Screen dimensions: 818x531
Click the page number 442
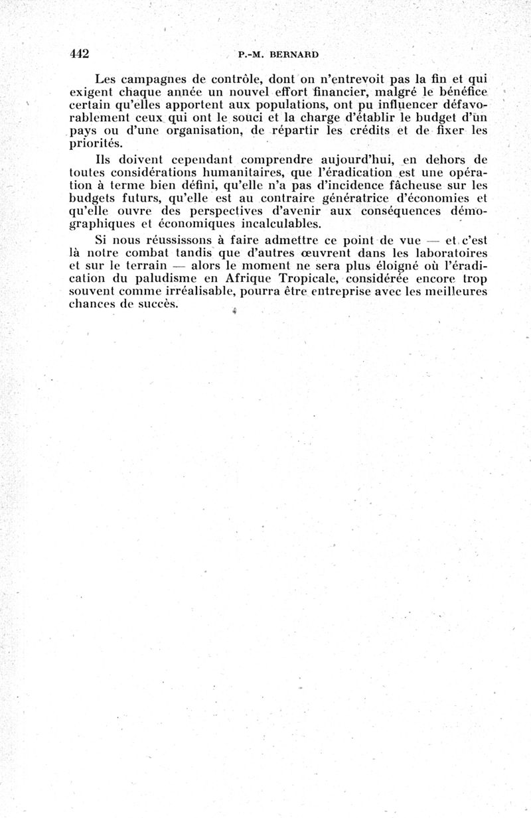pyautogui.click(x=79, y=54)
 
